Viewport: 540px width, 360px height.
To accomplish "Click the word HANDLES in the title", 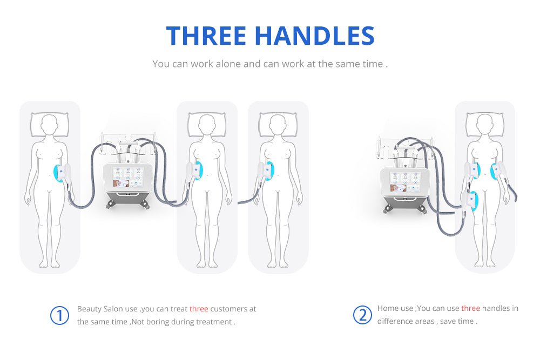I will [314, 35].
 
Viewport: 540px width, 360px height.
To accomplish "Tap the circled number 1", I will [60, 316].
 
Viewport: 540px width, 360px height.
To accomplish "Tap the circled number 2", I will [362, 315].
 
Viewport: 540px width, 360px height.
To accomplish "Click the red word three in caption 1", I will [199, 309].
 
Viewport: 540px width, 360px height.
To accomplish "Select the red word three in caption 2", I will [470, 309].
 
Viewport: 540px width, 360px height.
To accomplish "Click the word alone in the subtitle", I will [228, 64].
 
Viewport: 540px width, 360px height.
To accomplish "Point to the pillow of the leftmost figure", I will [50, 125].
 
